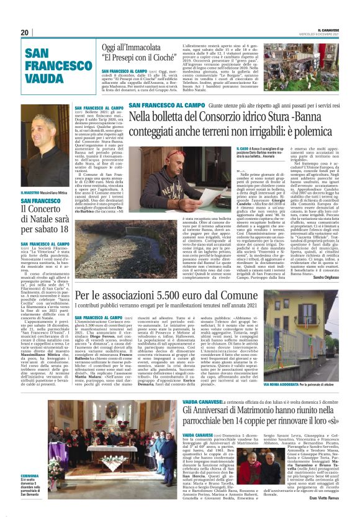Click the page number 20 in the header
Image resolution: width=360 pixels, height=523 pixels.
[x=25, y=32]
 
